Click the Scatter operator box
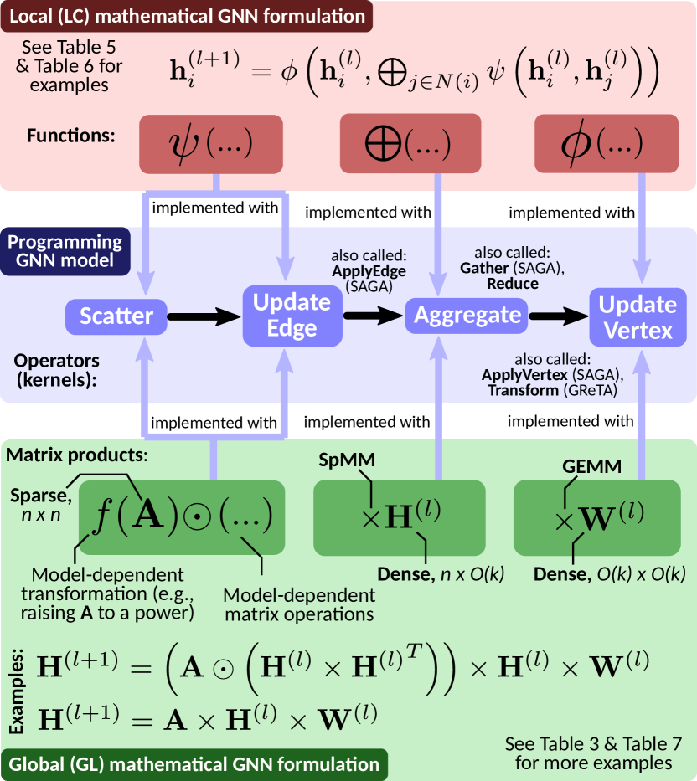click(116, 316)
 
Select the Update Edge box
click(292, 316)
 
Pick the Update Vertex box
click(638, 316)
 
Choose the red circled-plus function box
click(410, 143)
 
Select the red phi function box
click(607, 143)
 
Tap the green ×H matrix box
click(400, 517)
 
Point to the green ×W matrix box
click(598, 517)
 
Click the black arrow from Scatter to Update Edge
click(204, 316)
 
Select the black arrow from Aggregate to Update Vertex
click(556, 316)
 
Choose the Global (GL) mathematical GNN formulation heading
click(194, 764)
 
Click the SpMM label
click(347, 460)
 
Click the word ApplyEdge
click(369, 271)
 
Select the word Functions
click(71, 134)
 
